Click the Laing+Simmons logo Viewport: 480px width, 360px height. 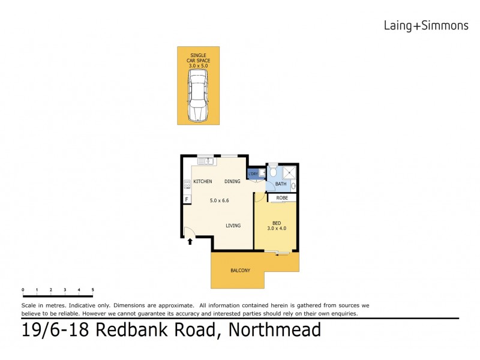coord(425,25)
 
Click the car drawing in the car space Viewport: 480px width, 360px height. coord(197,95)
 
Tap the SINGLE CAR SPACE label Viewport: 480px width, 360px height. coord(197,59)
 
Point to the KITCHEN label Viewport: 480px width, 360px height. coord(203,181)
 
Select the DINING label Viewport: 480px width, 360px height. coord(232,181)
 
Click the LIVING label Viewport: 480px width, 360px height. coord(233,226)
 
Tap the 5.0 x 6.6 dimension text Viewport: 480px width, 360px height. coord(219,200)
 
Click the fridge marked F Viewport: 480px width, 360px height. coord(187,199)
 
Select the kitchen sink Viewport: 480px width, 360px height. coord(205,160)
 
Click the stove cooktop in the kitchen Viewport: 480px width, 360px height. coord(187,185)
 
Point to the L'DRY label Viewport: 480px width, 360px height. coord(253,175)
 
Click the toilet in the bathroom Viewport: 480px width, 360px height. coord(273,173)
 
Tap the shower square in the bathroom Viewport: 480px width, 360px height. coord(289,172)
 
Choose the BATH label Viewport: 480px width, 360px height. coord(281,184)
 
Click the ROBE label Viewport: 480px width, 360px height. coord(282,197)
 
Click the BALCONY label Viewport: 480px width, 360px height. coord(240,271)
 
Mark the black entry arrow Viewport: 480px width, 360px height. coord(190,242)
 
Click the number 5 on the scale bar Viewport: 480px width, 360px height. coord(93,290)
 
